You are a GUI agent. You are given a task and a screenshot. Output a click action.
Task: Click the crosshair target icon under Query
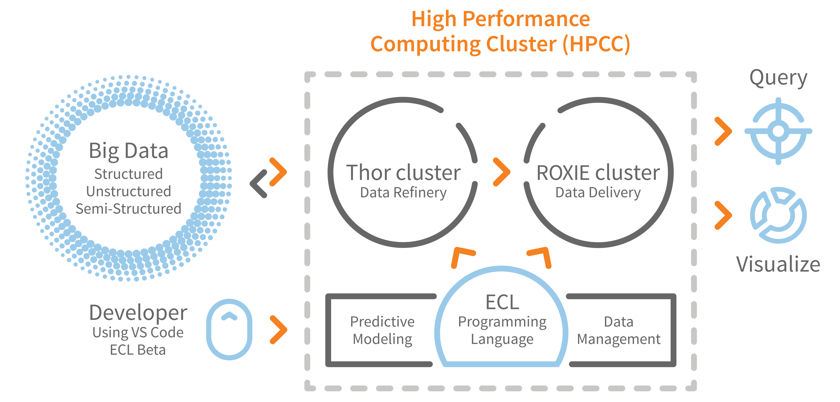[x=778, y=131]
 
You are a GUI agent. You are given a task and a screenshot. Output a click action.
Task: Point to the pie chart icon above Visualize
[x=778, y=215]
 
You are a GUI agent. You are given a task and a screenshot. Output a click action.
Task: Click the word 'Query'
[x=778, y=78]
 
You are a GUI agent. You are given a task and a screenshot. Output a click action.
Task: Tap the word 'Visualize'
[x=778, y=264]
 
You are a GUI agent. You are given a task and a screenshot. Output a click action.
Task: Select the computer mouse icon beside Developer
[x=229, y=329]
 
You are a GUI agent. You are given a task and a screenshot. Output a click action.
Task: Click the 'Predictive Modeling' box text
[x=382, y=330]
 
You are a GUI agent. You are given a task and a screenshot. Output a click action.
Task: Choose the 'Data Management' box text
[x=619, y=330]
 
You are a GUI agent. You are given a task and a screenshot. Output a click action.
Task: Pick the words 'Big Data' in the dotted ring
[x=128, y=151]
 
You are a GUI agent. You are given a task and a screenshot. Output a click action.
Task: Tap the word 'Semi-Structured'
[x=128, y=209]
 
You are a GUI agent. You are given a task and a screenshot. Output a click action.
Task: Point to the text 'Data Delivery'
[x=598, y=192]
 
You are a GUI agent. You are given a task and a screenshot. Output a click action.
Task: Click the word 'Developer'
[x=138, y=312]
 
